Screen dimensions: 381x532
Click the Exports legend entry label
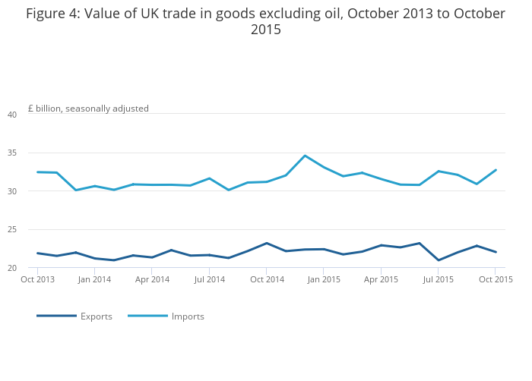pyautogui.click(x=96, y=316)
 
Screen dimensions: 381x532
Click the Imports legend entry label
pyautogui.click(x=188, y=316)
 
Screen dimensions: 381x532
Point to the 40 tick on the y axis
pyautogui.click(x=12, y=115)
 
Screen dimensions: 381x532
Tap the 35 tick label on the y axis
pyautogui.click(x=12, y=153)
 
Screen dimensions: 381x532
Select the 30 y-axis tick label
pyautogui.click(x=12, y=191)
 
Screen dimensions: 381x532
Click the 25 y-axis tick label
pyautogui.click(x=12, y=230)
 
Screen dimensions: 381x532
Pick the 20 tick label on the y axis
pyautogui.click(x=12, y=268)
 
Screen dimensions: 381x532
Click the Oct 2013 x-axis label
pyautogui.click(x=37, y=279)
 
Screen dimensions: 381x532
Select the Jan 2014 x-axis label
pyautogui.click(x=95, y=279)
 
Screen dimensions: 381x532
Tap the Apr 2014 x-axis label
pyautogui.click(x=152, y=279)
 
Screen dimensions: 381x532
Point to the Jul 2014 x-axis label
pyautogui.click(x=210, y=279)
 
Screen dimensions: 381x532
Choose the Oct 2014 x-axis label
pyautogui.click(x=267, y=279)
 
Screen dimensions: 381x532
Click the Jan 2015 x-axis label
pyautogui.click(x=324, y=279)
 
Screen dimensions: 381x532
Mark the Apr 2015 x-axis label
pyautogui.click(x=382, y=279)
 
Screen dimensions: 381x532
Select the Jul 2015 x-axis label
pyautogui.click(x=439, y=279)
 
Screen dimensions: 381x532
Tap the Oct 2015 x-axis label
pyautogui.click(x=496, y=279)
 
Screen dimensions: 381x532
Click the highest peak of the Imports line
pyautogui.click(x=305, y=156)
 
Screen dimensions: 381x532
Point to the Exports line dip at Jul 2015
pyautogui.click(x=439, y=260)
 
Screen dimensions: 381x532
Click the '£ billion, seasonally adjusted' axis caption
pyautogui.click(x=88, y=109)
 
